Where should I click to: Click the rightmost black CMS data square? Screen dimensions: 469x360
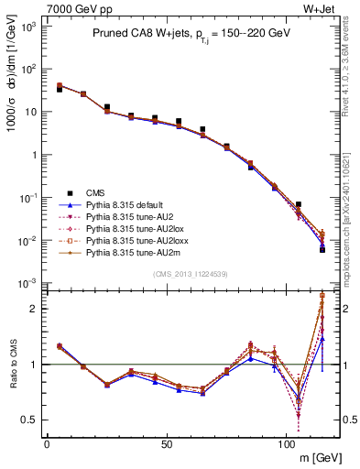[322, 249]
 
